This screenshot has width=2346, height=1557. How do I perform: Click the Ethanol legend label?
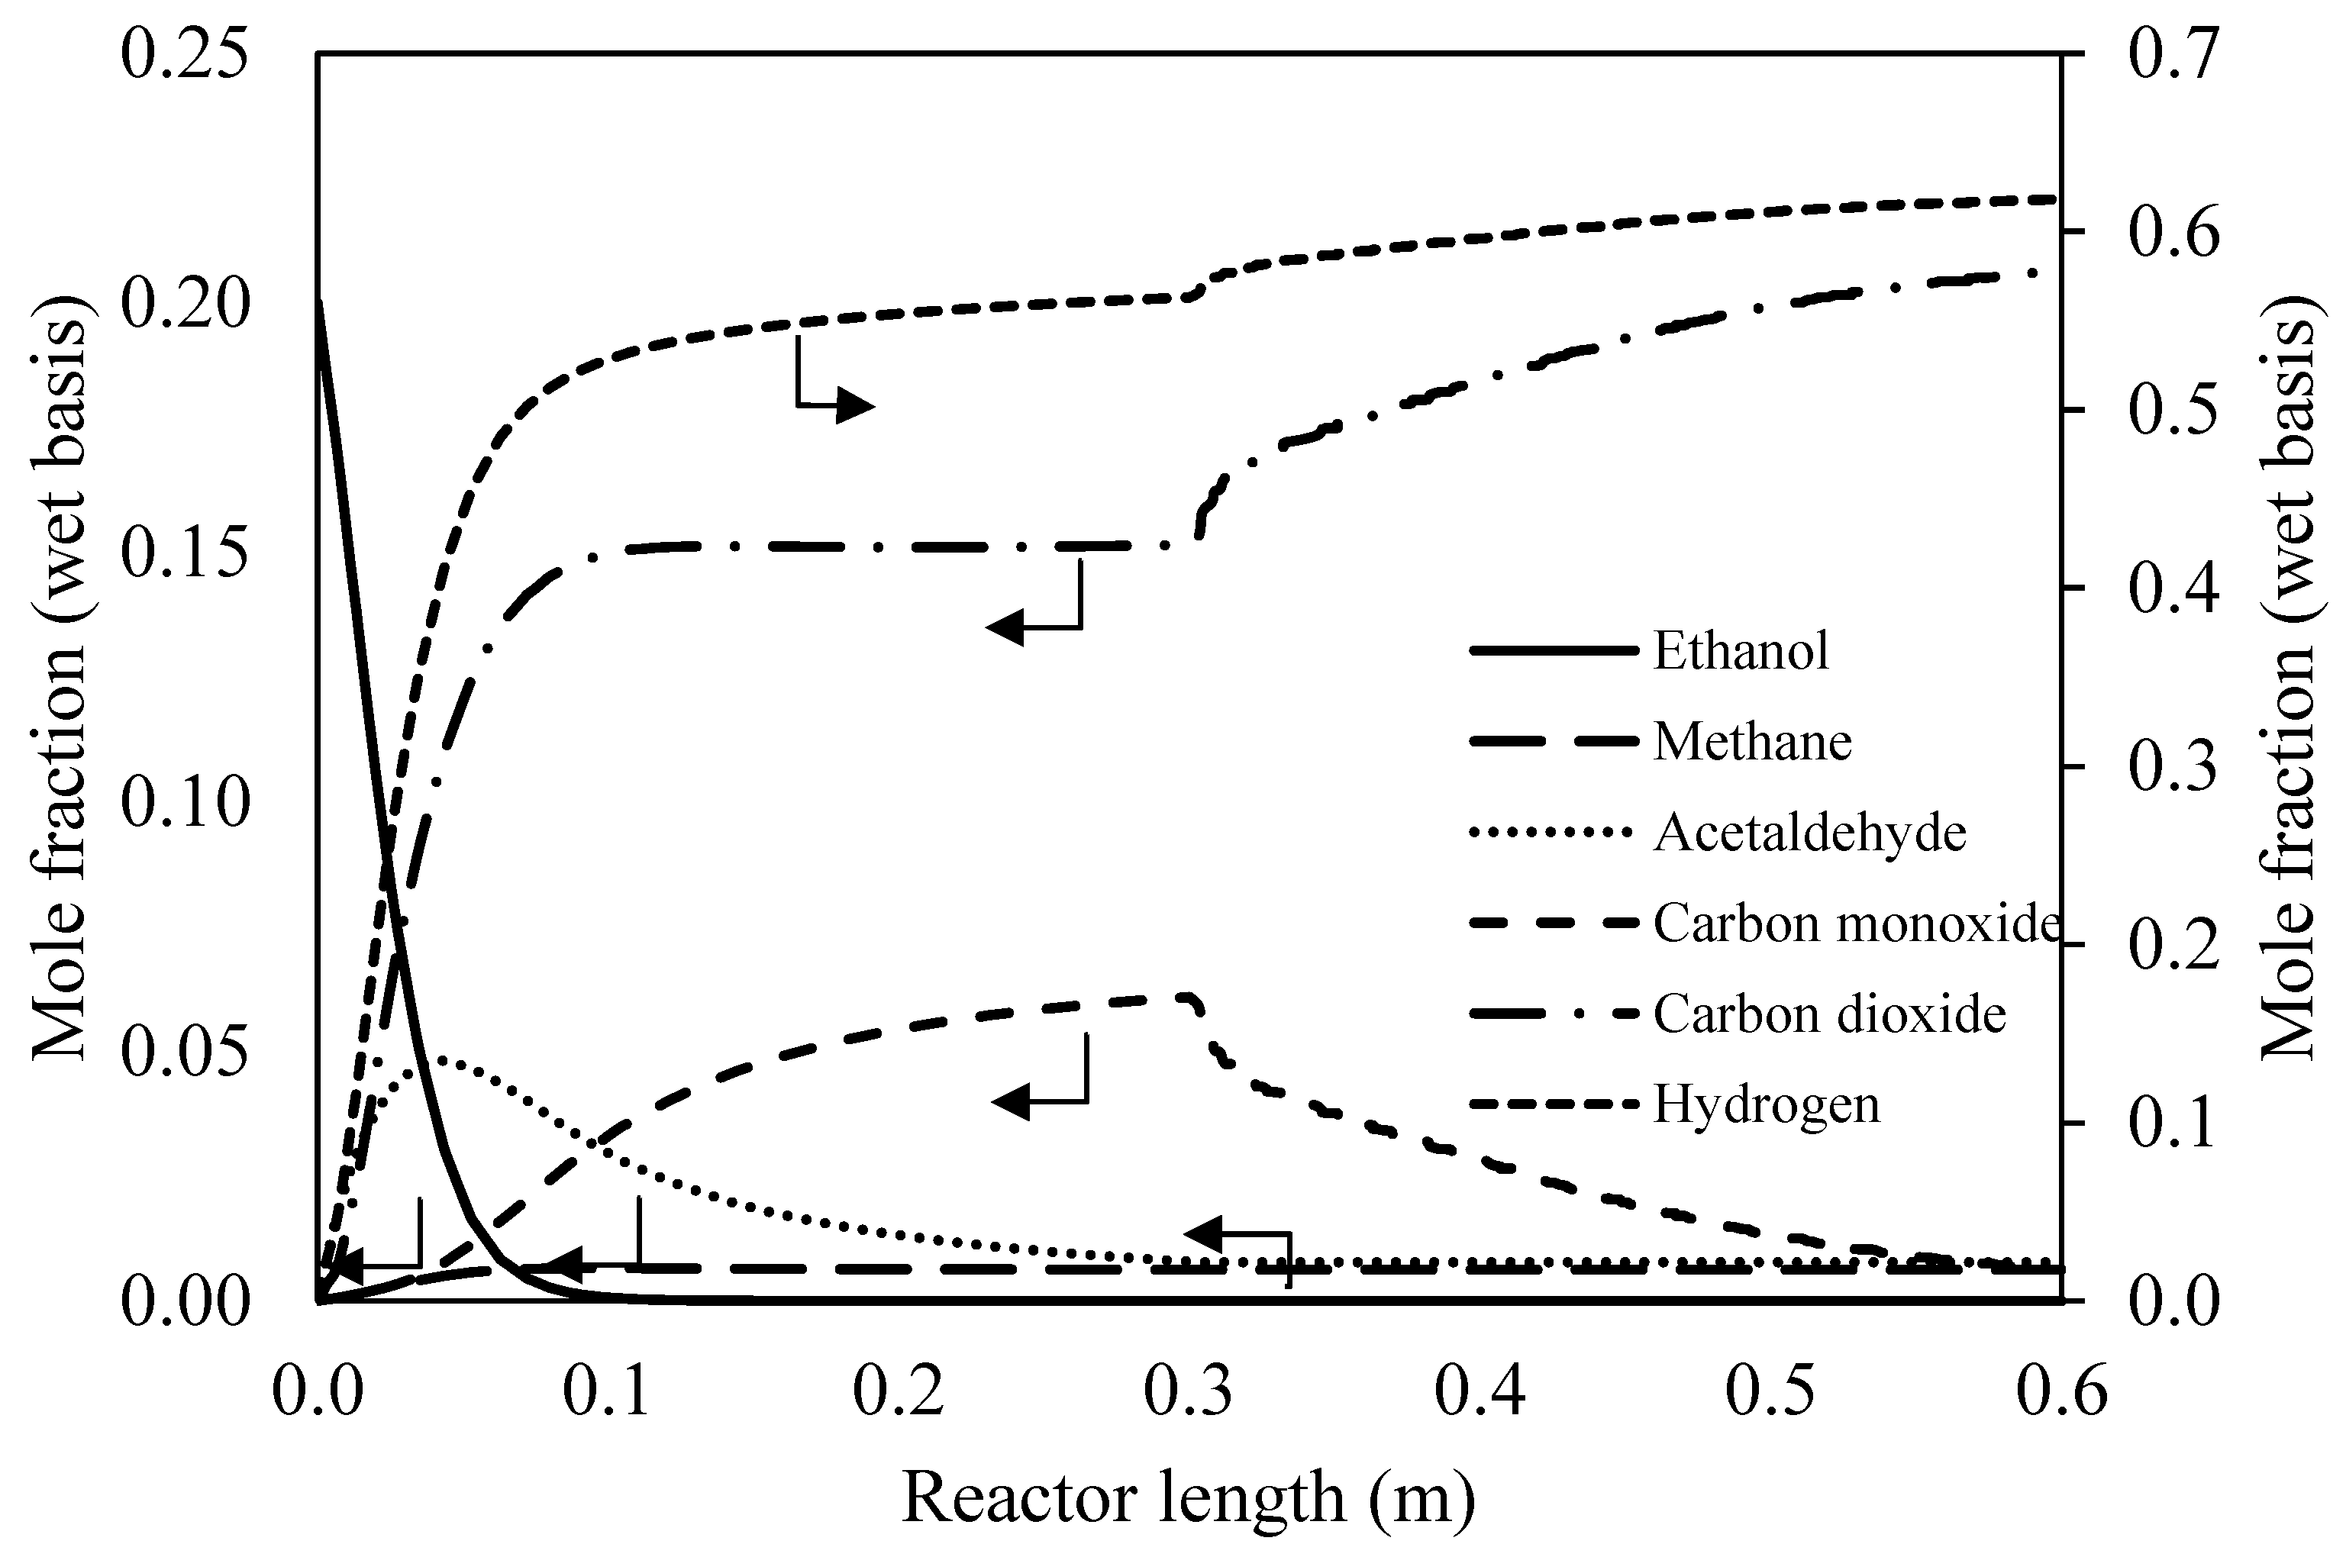pyautogui.click(x=1740, y=651)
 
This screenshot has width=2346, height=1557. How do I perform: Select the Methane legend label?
pyautogui.click(x=1752, y=742)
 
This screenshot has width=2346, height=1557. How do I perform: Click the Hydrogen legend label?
pyautogui.click(x=1766, y=1105)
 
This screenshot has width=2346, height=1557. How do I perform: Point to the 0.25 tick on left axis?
pyautogui.click(x=184, y=55)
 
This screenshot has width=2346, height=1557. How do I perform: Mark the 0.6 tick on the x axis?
pyautogui.click(x=2062, y=1392)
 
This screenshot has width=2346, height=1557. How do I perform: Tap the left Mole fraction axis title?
pyautogui.click(x=60, y=677)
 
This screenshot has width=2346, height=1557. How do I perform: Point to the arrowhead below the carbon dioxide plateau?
pyautogui.click(x=1005, y=627)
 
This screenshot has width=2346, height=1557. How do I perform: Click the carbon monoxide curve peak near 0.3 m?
pyautogui.click(x=1184, y=996)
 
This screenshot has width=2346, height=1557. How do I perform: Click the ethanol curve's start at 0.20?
pyautogui.click(x=318, y=303)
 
